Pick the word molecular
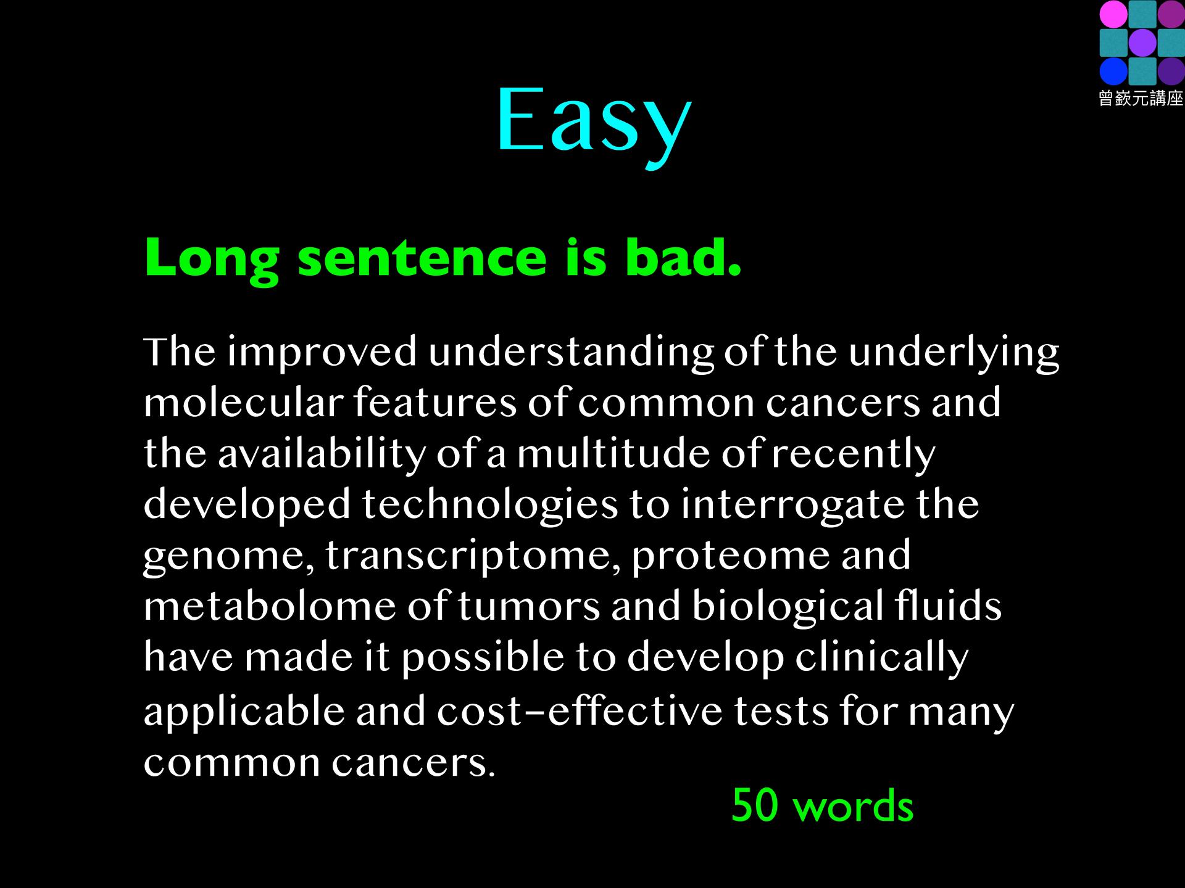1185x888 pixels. (x=243, y=403)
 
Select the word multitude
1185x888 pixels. (x=614, y=453)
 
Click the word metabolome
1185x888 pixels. (x=270, y=606)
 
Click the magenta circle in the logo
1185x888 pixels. (x=1113, y=14)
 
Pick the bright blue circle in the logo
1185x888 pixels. (x=1113, y=72)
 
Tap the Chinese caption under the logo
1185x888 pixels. (x=1141, y=99)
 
